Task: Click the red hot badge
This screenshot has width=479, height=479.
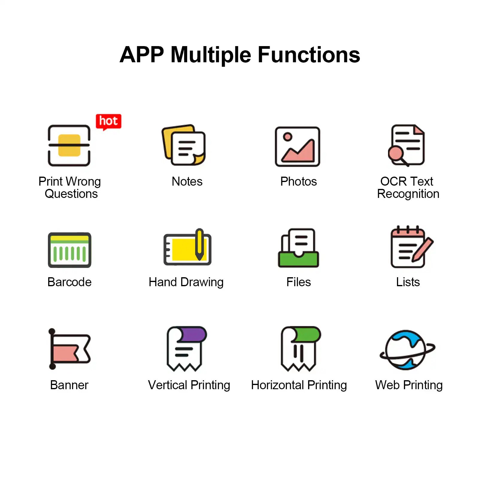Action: pyautogui.click(x=108, y=122)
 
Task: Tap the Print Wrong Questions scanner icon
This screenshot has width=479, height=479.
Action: pyautogui.click(x=69, y=145)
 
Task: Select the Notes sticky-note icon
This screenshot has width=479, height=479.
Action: pyautogui.click(x=184, y=145)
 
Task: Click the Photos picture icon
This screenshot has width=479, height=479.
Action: pyautogui.click(x=298, y=147)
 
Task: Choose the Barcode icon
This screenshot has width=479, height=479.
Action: pyautogui.click(x=69, y=250)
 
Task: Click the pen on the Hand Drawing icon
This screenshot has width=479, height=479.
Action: pyautogui.click(x=200, y=244)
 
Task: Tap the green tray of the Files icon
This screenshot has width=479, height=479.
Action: pyautogui.click(x=298, y=259)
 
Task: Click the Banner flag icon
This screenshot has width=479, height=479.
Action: pyautogui.click(x=69, y=348)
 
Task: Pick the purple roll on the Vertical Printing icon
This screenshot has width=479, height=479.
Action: pyautogui.click(x=193, y=334)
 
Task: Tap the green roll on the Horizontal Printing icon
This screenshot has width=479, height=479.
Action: pyautogui.click(x=307, y=334)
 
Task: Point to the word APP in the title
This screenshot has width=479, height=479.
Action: pyautogui.click(x=142, y=55)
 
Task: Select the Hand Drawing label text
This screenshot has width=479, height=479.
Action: pyautogui.click(x=186, y=282)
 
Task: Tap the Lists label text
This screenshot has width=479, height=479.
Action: pyautogui.click(x=408, y=282)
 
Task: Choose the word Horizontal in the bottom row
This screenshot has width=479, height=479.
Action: pyautogui.click(x=278, y=385)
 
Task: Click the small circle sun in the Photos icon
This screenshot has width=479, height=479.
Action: pyautogui.click(x=288, y=137)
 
